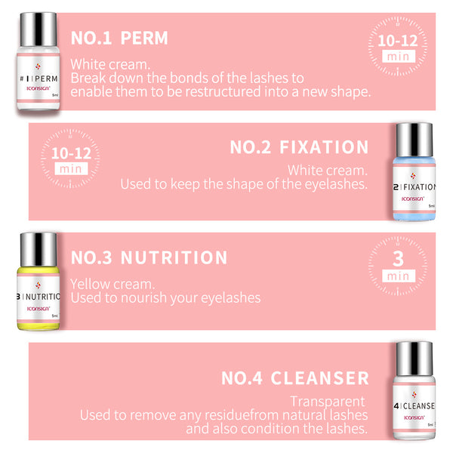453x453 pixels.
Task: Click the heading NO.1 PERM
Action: [x=119, y=38]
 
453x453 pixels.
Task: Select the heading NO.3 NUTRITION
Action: [x=149, y=258]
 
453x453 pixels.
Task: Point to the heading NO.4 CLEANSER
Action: [x=295, y=377]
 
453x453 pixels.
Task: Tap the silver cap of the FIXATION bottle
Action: [x=414, y=141]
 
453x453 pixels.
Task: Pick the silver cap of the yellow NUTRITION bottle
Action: [x=38, y=250]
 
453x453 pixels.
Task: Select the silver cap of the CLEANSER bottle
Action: [x=414, y=359]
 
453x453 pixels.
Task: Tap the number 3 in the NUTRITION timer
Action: [x=397, y=260]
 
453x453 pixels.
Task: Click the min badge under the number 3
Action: [x=397, y=276]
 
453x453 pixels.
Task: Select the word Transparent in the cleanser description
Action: [x=328, y=401]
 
